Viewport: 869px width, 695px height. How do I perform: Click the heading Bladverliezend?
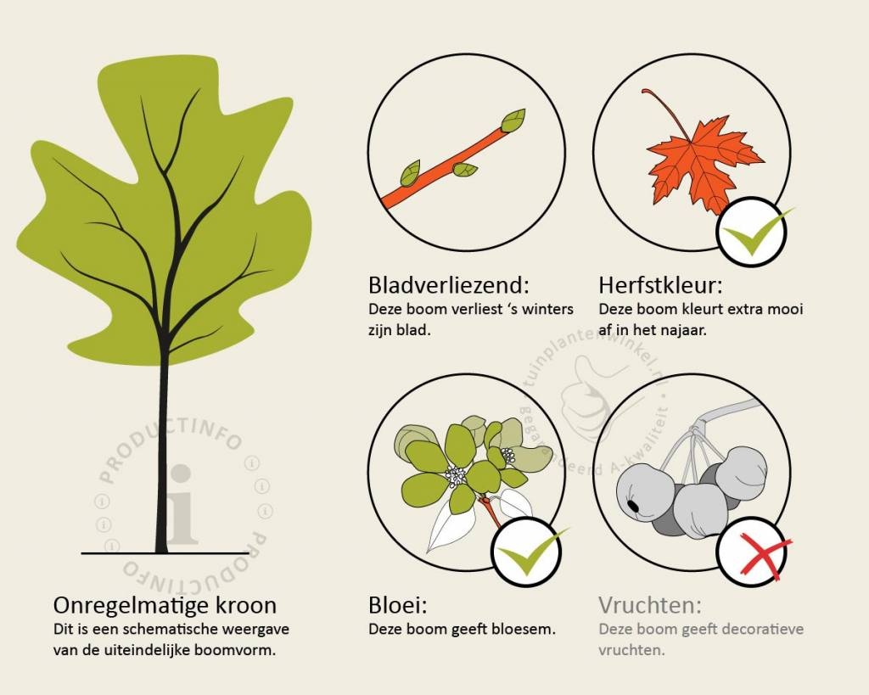tap(449, 285)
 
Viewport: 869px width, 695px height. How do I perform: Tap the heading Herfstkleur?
tap(660, 285)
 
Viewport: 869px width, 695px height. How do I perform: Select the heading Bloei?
tap(398, 605)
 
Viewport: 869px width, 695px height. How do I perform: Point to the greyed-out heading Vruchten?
tap(650, 605)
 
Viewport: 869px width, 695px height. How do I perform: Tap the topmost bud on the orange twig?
tap(513, 120)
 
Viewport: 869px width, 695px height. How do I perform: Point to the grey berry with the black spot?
tap(645, 497)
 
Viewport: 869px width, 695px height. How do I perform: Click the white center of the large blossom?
tap(456, 476)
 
